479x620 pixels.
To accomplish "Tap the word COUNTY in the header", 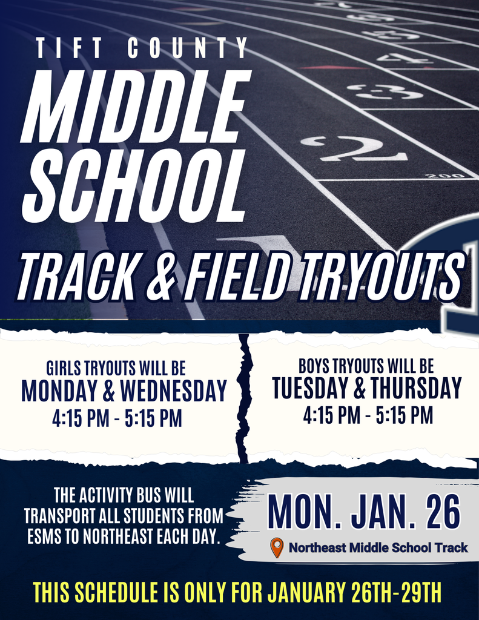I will point(188,48).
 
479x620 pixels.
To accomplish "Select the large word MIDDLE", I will point(136,107).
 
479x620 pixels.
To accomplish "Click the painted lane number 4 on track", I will point(404,59).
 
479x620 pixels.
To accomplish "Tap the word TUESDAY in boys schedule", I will point(309,388).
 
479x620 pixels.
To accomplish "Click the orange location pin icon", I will point(277,547).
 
